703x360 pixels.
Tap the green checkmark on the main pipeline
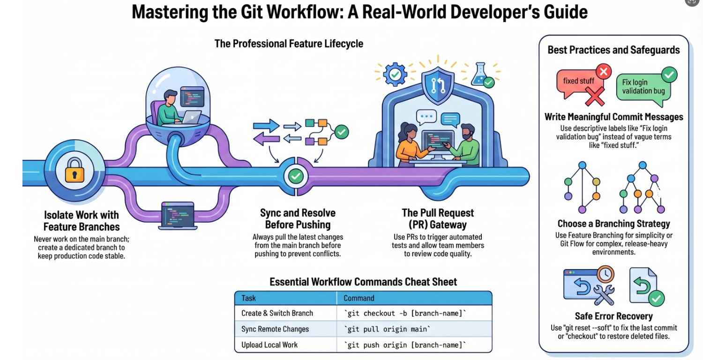[295, 176]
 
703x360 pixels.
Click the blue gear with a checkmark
[392, 74]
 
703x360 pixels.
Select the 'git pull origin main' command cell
[414, 329]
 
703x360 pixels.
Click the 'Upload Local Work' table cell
[285, 345]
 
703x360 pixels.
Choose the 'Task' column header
[285, 298]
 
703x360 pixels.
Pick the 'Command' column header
[414, 298]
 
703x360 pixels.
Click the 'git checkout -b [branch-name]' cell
[414, 313]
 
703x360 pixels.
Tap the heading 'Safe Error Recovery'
[613, 316]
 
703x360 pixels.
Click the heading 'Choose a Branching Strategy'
[613, 224]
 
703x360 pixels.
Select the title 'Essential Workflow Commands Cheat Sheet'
[363, 282]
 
